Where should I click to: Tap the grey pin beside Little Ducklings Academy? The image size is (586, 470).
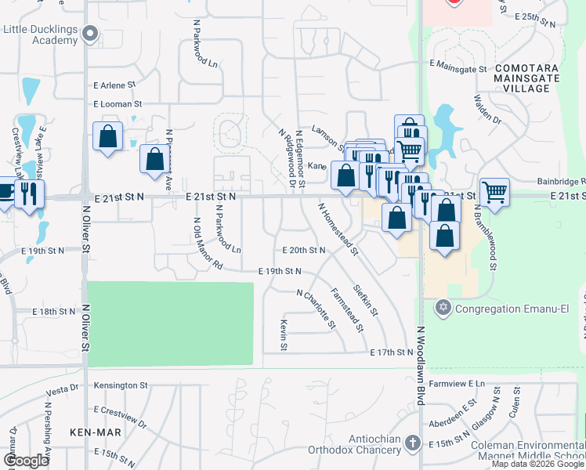pos(91,34)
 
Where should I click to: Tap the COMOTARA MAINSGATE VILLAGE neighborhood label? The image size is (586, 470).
pos(522,78)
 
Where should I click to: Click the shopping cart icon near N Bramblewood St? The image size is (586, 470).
pos(494,191)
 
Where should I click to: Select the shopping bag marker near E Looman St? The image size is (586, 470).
pos(107,136)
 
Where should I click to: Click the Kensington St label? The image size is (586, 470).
pos(121,385)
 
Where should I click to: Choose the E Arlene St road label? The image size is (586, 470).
pos(114,85)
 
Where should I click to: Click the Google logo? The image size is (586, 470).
pos(26,461)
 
